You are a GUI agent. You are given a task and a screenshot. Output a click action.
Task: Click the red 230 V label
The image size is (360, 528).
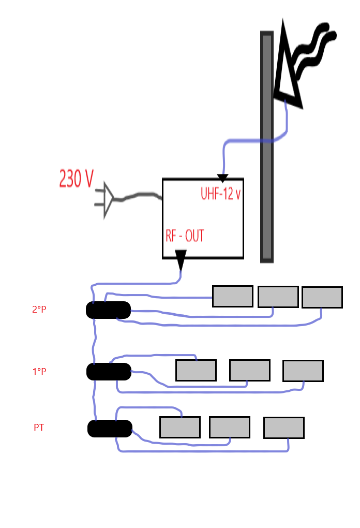click(77, 179)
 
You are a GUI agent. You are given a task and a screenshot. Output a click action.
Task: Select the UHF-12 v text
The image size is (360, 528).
click(221, 194)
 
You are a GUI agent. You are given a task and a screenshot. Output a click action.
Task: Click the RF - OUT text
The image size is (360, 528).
click(185, 236)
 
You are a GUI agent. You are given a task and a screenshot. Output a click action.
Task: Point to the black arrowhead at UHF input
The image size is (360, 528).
click(222, 179)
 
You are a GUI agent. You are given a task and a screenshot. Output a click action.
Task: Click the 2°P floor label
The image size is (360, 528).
click(39, 310)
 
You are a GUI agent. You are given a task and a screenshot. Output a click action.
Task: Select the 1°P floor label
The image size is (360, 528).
click(39, 371)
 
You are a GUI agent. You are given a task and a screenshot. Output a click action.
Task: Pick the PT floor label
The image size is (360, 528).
click(39, 428)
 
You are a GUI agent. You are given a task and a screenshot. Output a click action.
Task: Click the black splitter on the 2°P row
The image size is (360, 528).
click(108, 310)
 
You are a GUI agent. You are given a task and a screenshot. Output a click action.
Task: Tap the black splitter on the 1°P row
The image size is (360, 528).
click(109, 371)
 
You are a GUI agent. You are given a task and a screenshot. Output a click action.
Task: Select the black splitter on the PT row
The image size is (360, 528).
click(110, 428)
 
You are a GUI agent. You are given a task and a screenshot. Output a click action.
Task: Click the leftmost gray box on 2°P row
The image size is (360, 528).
click(232, 296)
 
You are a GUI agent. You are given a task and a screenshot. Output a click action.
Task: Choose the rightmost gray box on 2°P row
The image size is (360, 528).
click(322, 297)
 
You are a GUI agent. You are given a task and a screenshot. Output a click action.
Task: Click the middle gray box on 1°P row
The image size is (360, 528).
click(249, 370)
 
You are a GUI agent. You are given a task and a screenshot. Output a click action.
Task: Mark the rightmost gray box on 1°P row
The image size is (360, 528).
click(303, 371)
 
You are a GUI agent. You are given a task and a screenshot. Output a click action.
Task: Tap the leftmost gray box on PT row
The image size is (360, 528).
click(179, 427)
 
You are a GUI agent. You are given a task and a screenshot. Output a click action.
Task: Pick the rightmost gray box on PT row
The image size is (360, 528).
click(283, 428)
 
